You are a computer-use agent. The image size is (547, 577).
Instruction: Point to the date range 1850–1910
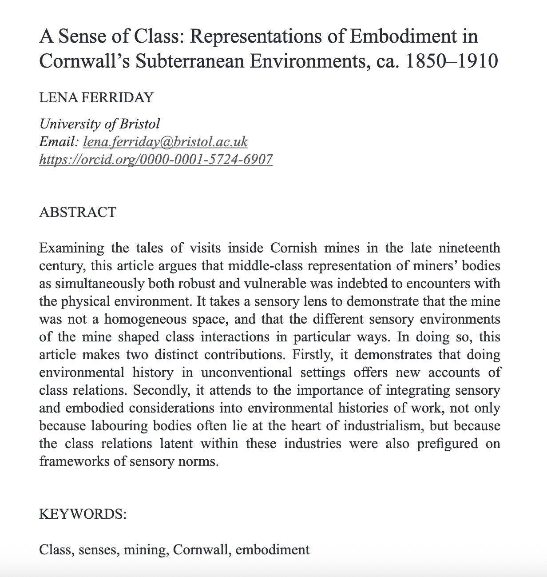coord(452,61)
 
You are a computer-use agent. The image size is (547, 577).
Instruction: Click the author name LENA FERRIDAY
coord(96,97)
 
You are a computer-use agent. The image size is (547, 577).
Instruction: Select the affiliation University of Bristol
coord(99,124)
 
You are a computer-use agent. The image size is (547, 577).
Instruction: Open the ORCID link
coord(156,159)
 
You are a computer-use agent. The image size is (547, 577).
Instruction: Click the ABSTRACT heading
coord(78,212)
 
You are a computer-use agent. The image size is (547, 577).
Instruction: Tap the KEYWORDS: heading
coord(83,514)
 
